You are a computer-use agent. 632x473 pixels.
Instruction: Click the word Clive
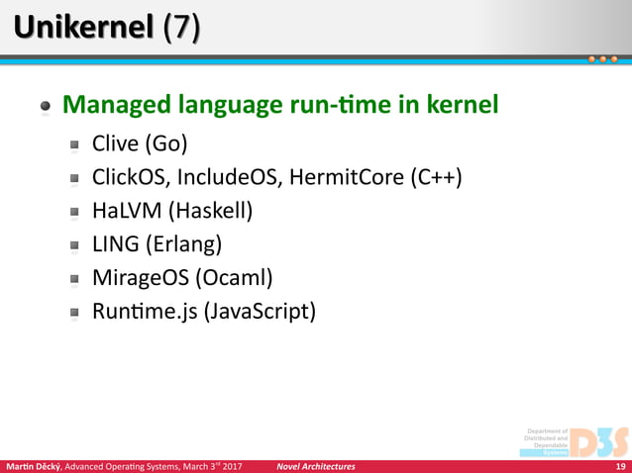point(116,143)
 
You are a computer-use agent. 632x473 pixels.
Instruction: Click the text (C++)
point(435,178)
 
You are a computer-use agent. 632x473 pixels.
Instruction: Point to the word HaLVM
point(124,211)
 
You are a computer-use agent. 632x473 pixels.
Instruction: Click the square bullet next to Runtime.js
point(74,313)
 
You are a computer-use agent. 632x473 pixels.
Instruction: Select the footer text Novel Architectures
point(315,466)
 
